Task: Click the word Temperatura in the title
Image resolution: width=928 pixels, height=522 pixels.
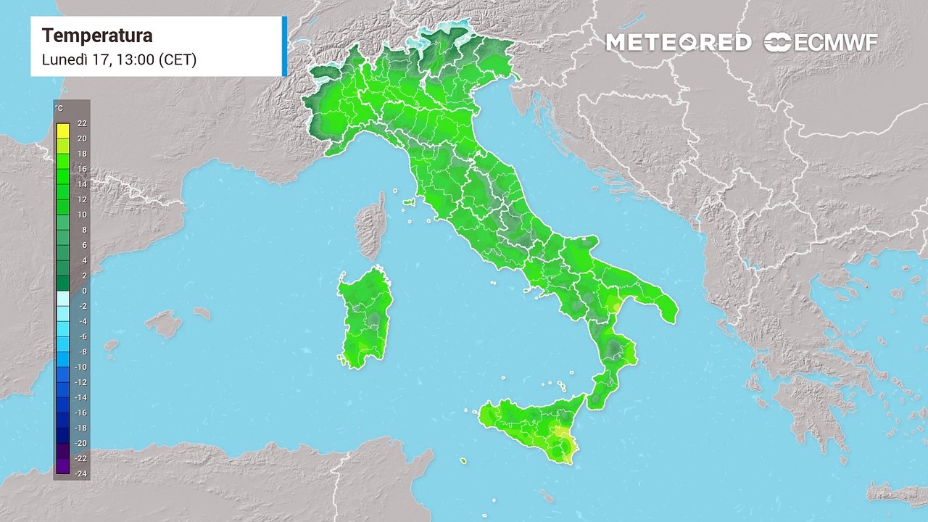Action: [x=97, y=36]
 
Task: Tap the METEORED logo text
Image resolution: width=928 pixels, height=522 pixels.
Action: [x=678, y=42]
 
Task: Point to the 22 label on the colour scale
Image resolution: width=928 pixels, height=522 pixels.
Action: [x=82, y=123]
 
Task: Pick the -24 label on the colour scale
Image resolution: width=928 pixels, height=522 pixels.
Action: [x=82, y=473]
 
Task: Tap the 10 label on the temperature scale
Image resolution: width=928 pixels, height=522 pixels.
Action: [x=82, y=215]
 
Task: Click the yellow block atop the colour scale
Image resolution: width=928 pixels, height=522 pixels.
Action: [x=63, y=130]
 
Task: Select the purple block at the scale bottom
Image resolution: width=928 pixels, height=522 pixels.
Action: [x=63, y=465]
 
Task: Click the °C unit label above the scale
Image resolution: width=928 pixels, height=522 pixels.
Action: [x=59, y=109]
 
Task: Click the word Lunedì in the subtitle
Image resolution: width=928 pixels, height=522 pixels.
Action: [x=64, y=59]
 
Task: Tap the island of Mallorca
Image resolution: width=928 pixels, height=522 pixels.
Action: [x=165, y=323]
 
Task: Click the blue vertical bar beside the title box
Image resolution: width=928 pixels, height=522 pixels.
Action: [x=284, y=46]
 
